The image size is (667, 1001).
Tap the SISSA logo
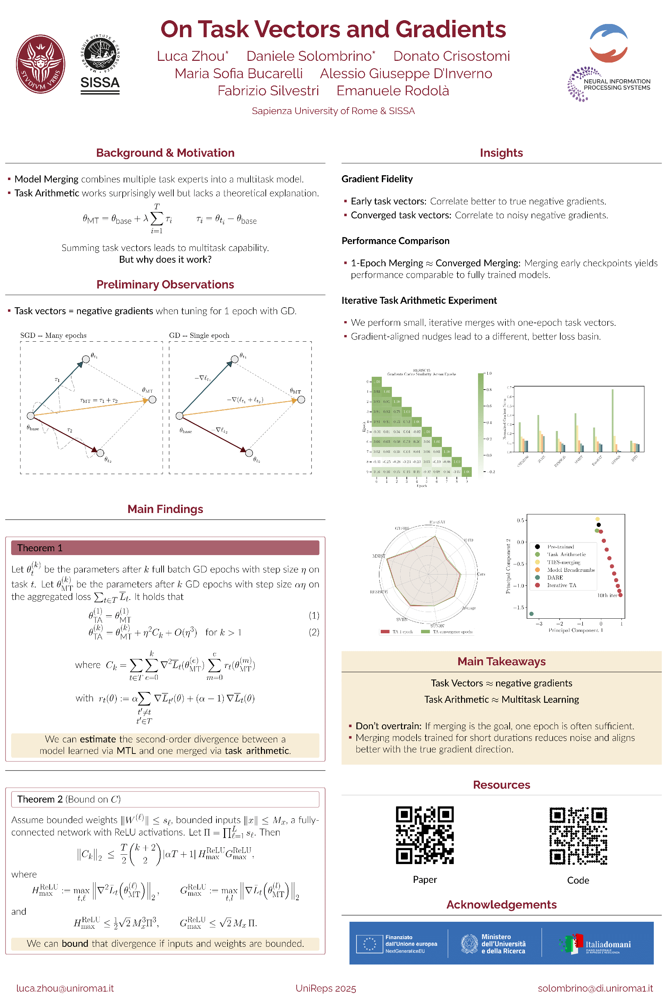100,65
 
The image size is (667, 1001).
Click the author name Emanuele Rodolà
393,91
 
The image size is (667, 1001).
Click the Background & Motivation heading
165,153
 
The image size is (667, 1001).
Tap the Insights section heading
501,153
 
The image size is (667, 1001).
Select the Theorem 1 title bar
165,548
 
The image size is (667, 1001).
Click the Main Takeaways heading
501,661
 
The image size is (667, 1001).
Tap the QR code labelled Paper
425,835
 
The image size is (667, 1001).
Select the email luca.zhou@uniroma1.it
65,988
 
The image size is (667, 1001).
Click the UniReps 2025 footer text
326,988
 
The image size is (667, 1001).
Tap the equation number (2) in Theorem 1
314,632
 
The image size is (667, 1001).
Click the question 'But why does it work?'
165,259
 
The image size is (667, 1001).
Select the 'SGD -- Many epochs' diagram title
53,335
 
